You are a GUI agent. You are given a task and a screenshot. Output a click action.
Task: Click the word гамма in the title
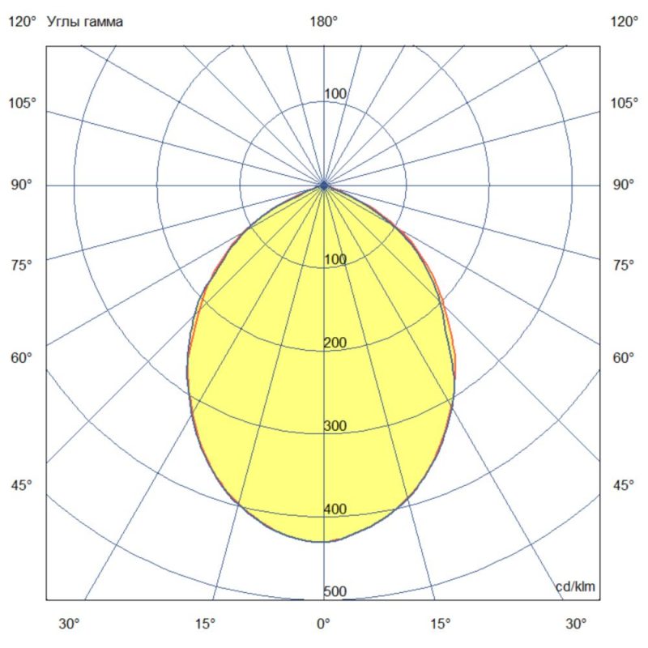coord(104,23)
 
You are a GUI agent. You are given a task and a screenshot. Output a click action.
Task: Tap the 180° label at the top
coord(324,23)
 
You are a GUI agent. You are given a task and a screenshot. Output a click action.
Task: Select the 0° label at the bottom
coord(324,625)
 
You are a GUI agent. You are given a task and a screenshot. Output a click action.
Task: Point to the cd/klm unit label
coord(575,586)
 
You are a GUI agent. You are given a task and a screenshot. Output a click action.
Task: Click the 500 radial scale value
coord(335,592)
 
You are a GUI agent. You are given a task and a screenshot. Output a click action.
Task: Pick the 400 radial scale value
coord(335,509)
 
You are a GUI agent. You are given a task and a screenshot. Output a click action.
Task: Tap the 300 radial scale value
coord(335,426)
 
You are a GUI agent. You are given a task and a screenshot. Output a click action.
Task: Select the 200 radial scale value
coord(335,343)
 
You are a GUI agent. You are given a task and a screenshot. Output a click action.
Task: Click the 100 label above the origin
coord(335,94)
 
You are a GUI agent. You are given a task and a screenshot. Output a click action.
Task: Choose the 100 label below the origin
coord(335,259)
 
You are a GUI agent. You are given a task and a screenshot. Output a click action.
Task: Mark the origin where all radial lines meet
coord(324,185)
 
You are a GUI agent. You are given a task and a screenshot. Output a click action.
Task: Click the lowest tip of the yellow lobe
coord(324,541)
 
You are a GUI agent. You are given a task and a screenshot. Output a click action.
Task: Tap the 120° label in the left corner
coord(23,23)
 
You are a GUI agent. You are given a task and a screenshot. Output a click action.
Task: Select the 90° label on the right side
coord(624,185)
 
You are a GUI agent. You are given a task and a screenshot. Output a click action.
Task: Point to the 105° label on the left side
coord(23,103)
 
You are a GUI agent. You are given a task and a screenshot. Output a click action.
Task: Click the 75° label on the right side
coord(624,265)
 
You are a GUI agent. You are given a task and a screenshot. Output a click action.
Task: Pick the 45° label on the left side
coord(23,485)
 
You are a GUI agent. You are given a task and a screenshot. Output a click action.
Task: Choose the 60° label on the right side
coord(624,357)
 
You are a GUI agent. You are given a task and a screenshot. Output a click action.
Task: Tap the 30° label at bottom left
coord(69,625)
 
